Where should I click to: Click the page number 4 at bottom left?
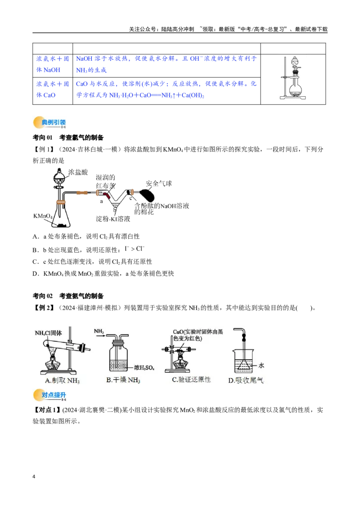34,477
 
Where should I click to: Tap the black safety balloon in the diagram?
147,196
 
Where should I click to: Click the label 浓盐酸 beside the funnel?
78,172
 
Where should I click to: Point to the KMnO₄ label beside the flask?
43,216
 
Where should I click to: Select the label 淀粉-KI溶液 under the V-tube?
113,219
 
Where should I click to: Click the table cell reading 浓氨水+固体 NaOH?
53,64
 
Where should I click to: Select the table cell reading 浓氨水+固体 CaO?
53,89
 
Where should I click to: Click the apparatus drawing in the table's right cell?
293,78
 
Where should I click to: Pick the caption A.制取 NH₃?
62,380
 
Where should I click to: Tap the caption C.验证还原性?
191,380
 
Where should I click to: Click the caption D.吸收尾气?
246,380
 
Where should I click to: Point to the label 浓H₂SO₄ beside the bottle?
144,368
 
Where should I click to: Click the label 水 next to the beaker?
261,366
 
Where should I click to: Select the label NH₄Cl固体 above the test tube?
49,333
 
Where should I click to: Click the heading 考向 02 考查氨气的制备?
68,296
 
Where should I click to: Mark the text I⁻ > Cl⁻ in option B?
134,249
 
